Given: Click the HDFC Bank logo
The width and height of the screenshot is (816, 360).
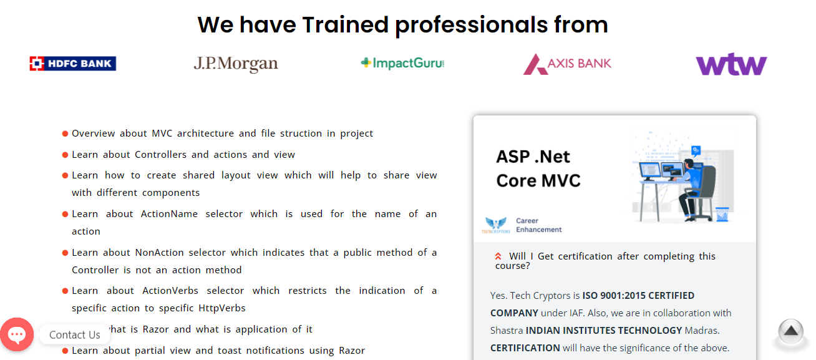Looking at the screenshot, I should (x=73, y=63).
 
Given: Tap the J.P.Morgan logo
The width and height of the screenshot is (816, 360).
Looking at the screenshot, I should (x=236, y=64).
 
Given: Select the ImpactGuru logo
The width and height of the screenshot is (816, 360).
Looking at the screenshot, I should (x=402, y=63).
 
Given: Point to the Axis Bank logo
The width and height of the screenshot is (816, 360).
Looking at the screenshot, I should (x=567, y=64).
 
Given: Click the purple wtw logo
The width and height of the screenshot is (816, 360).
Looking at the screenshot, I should (x=731, y=64).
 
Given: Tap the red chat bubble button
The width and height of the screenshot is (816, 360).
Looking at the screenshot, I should (x=17, y=334).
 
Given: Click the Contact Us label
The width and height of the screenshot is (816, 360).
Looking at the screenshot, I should (x=75, y=335).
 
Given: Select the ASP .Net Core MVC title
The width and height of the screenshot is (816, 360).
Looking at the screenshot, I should (x=538, y=168).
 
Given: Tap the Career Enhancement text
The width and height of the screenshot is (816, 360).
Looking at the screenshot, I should (x=538, y=225).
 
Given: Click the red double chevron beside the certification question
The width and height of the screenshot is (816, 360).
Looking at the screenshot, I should (x=498, y=256).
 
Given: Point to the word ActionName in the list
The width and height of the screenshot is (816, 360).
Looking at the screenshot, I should (x=163, y=214).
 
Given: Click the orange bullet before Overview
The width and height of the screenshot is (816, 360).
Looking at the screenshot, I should (x=66, y=134).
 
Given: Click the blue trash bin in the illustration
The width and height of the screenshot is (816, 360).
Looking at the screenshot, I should (x=722, y=214).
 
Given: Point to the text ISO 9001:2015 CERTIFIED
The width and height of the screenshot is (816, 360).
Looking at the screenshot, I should (x=638, y=295).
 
